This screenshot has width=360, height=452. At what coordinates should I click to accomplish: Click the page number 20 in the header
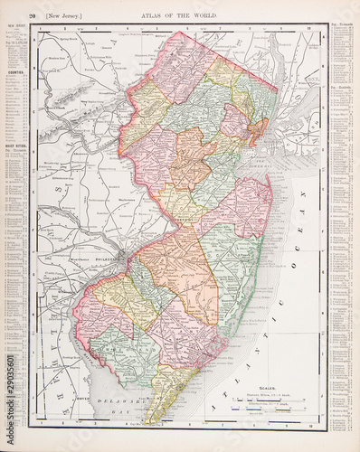[33, 16]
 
